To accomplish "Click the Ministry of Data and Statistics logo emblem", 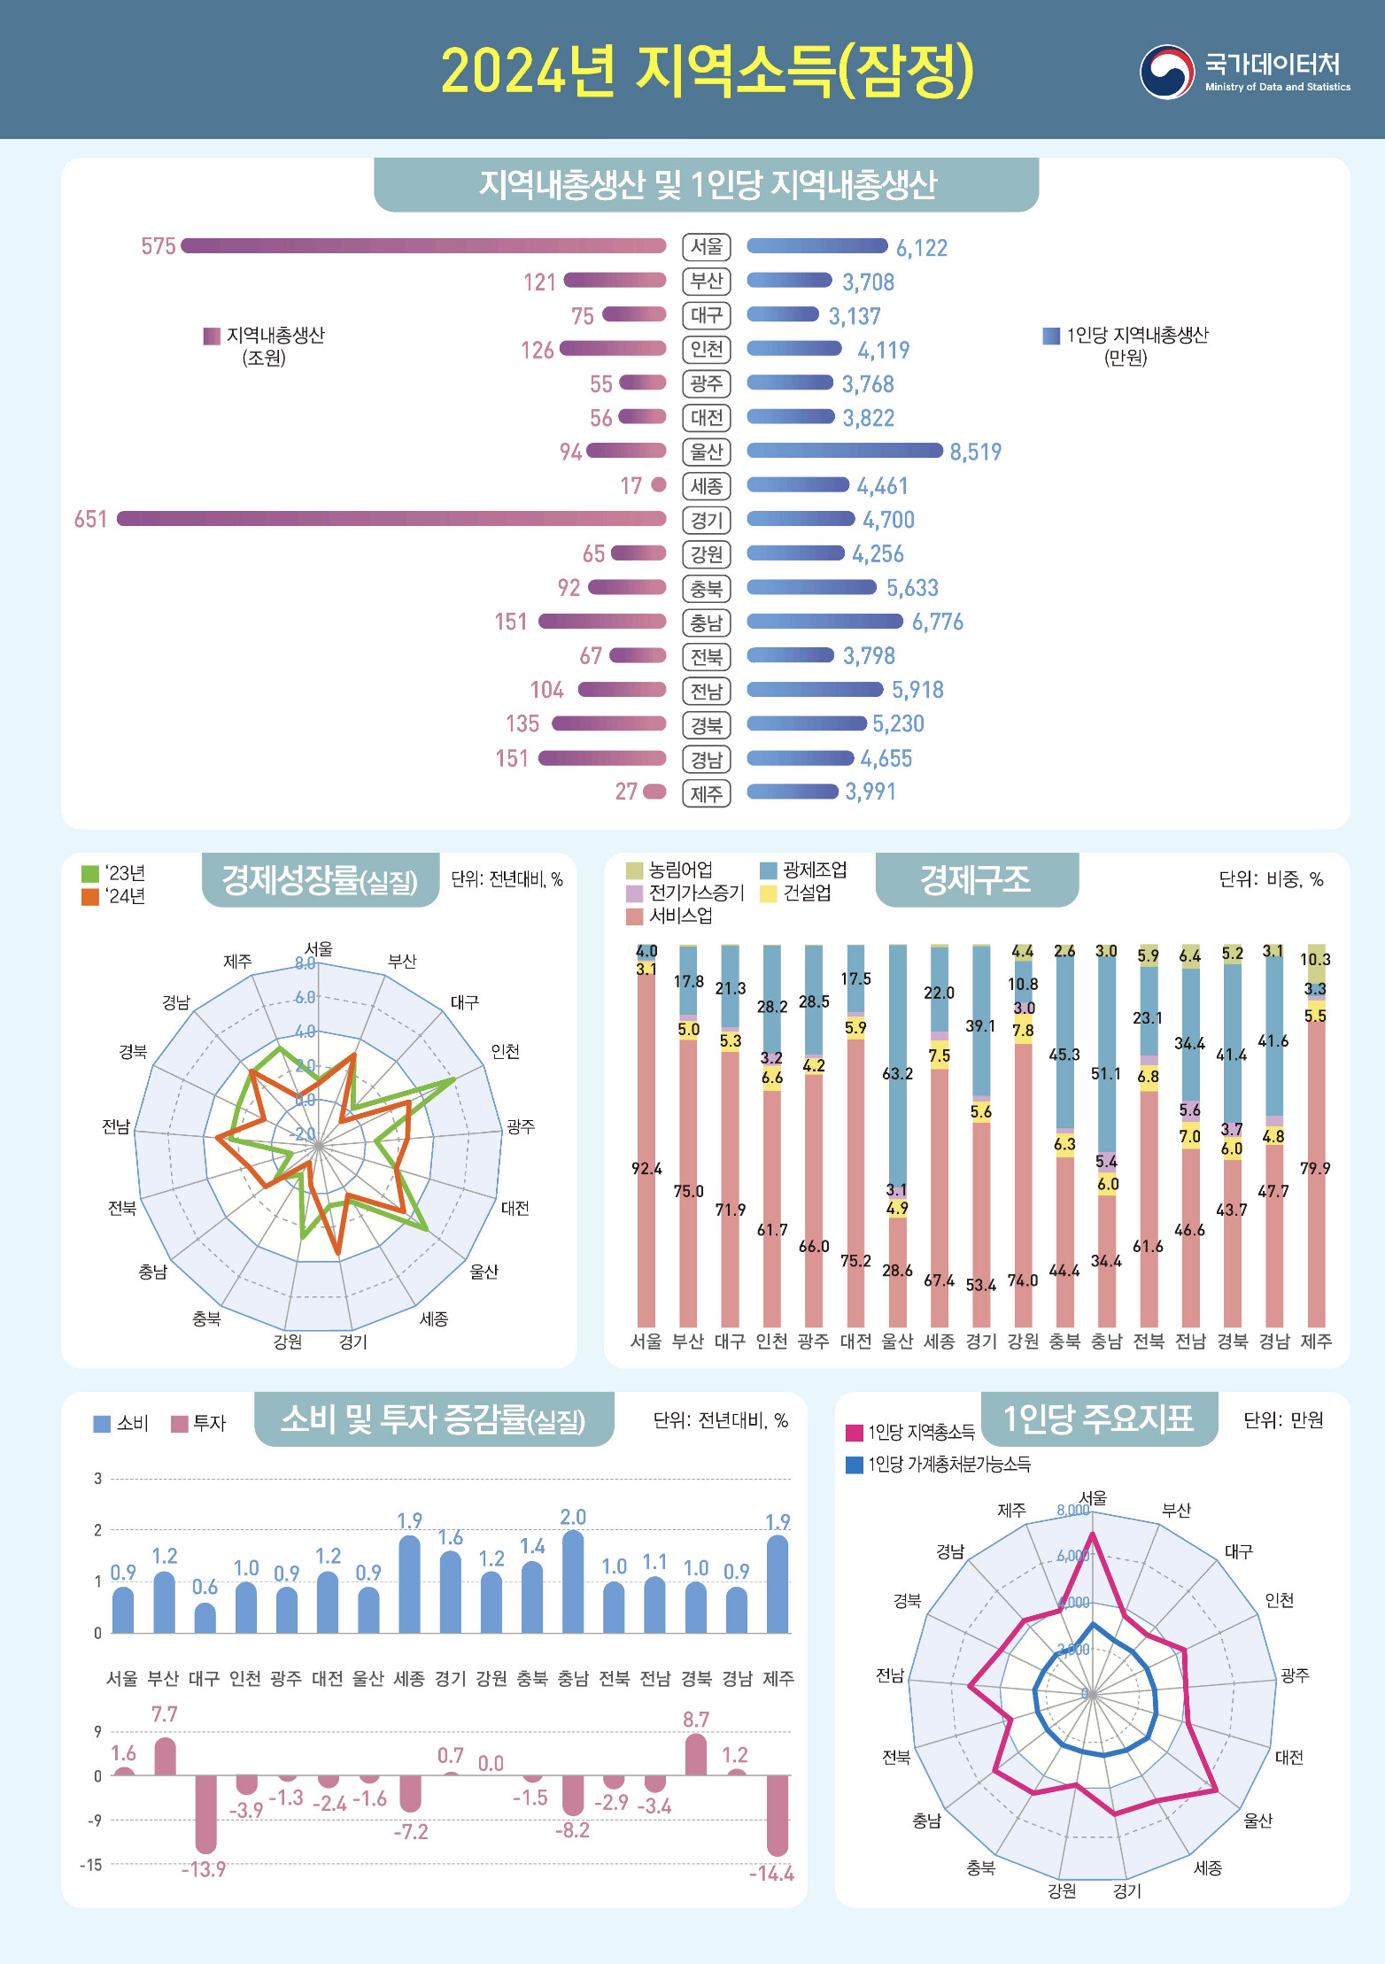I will coord(1166,72).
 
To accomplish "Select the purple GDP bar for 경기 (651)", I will coord(391,519).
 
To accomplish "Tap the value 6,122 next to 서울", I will coord(921,248).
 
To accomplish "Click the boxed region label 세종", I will coord(706,486).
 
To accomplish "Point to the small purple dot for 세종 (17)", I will coord(658,484).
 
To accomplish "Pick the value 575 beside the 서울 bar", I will coord(159,246).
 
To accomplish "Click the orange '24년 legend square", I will coord(89,897).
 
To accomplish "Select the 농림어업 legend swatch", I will coord(634,870).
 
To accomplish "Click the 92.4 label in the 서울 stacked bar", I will coord(646,1169).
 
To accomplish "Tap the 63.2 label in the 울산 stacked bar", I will coord(897,1074).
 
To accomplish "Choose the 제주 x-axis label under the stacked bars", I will coord(1316,1342).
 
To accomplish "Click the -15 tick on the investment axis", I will coord(91,1865).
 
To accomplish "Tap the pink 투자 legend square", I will coord(180,1424).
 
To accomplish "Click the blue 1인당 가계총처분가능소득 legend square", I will coord(855,1465).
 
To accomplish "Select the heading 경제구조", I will coord(976,879).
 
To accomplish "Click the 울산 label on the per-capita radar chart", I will coord(1257,1821).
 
